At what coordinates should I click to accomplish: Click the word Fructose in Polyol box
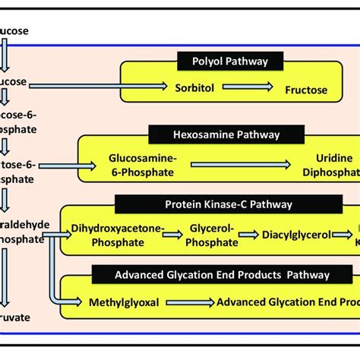[306, 90]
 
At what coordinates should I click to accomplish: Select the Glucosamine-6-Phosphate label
[144, 164]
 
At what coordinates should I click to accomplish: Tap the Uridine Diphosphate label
[324, 164]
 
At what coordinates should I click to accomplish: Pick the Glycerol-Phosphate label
[211, 235]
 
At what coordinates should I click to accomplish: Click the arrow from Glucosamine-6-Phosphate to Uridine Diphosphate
[240, 163]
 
